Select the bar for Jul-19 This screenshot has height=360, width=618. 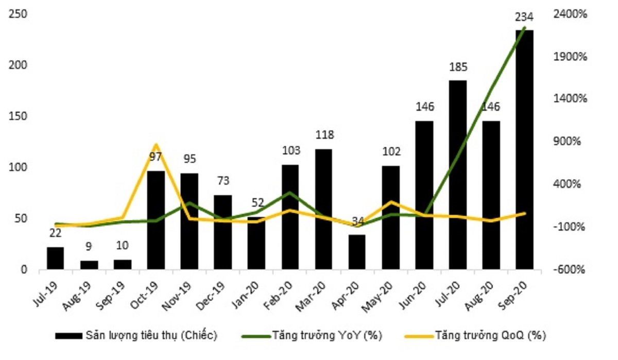(x=55, y=258)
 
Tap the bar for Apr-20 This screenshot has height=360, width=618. (x=357, y=252)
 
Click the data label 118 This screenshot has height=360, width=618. (x=324, y=135)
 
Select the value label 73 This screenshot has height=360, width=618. (x=223, y=181)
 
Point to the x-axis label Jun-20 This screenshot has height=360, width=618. (x=416, y=296)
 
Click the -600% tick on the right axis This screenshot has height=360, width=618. (x=570, y=270)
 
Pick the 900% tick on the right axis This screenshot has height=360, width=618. (x=571, y=142)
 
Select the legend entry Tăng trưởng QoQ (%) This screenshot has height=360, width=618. (x=490, y=336)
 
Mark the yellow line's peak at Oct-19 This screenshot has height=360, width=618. (x=156, y=144)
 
